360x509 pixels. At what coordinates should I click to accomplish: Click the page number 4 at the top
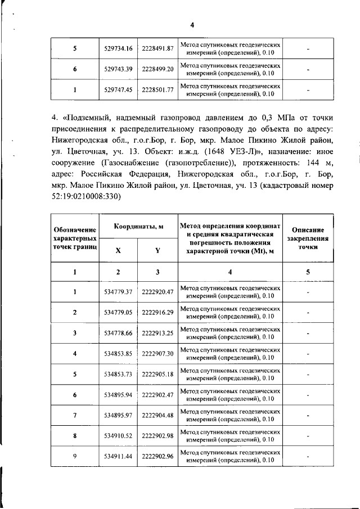click(x=191, y=25)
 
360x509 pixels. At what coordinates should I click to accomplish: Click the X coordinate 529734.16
click(x=118, y=49)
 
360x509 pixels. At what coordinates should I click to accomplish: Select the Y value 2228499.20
click(x=157, y=69)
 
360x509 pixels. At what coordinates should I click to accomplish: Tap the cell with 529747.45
click(x=118, y=89)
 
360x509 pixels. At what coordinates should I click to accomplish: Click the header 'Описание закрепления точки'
click(x=308, y=238)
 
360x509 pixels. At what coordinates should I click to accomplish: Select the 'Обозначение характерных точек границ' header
click(x=75, y=238)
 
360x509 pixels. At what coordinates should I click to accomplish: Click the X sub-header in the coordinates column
click(x=118, y=251)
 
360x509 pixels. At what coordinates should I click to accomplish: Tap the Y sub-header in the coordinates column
click(x=157, y=251)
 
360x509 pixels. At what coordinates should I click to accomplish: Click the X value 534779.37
click(x=118, y=292)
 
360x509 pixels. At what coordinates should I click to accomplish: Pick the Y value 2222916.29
click(x=157, y=312)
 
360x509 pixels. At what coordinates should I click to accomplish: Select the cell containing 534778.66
click(x=118, y=333)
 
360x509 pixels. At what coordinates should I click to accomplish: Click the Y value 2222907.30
click(x=157, y=354)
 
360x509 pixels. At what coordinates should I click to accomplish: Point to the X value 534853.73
click(x=118, y=375)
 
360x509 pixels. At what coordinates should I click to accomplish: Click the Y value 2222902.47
click(x=157, y=395)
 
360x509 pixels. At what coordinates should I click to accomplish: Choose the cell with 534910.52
click(x=118, y=436)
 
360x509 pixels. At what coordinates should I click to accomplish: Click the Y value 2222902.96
click(x=157, y=456)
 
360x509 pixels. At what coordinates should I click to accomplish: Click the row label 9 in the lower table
click(x=75, y=456)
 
